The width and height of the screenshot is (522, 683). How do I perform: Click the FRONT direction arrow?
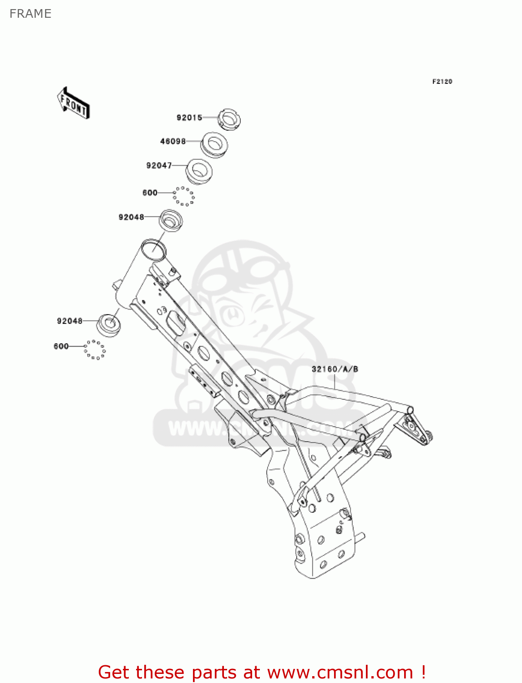pyautogui.click(x=73, y=103)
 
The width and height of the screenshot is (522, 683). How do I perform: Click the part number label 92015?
pyautogui.click(x=189, y=117)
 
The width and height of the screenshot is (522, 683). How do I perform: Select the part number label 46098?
pyautogui.click(x=173, y=141)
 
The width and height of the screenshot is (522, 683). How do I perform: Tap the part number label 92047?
pyautogui.click(x=159, y=165)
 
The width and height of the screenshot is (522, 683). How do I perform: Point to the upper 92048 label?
pyautogui.click(x=131, y=217)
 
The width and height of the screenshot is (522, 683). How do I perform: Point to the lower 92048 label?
pyautogui.click(x=70, y=321)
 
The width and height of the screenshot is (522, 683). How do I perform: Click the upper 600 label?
pyautogui.click(x=150, y=193)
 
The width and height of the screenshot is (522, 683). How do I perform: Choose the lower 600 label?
pyautogui.click(x=61, y=346)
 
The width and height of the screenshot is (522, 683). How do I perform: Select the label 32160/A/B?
pyautogui.click(x=334, y=369)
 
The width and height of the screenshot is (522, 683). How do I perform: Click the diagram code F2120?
pyautogui.click(x=442, y=82)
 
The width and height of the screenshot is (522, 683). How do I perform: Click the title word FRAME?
pyautogui.click(x=30, y=14)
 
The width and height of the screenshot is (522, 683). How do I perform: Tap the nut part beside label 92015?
pyautogui.click(x=229, y=119)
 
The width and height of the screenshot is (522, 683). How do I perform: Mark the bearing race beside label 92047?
pyautogui.click(x=199, y=171)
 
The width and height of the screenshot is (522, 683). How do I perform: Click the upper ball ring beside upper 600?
pyautogui.click(x=183, y=196)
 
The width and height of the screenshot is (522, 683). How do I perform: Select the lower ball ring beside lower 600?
pyautogui.click(x=95, y=349)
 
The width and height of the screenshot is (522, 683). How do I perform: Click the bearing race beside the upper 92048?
pyautogui.click(x=170, y=221)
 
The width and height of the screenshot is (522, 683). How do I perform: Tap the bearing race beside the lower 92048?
pyautogui.click(x=109, y=325)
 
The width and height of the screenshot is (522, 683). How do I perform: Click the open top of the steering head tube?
pyautogui.click(x=153, y=250)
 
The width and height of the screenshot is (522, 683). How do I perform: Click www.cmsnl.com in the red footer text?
pyautogui.click(x=340, y=672)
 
